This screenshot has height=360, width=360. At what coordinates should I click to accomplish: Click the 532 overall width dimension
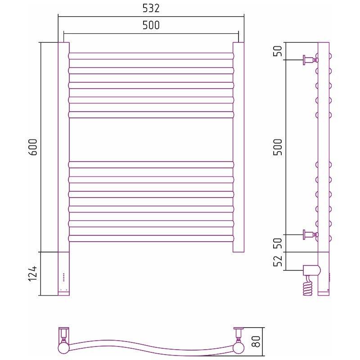[x=151, y=9]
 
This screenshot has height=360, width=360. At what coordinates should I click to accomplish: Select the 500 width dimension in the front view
[x=151, y=25]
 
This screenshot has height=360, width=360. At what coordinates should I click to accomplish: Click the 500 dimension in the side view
[x=278, y=147]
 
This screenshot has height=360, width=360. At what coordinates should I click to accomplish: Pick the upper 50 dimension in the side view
[x=278, y=51]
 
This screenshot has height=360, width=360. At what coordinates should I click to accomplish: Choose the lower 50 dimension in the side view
[x=278, y=243]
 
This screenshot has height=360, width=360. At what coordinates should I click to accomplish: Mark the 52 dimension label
[x=278, y=261]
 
